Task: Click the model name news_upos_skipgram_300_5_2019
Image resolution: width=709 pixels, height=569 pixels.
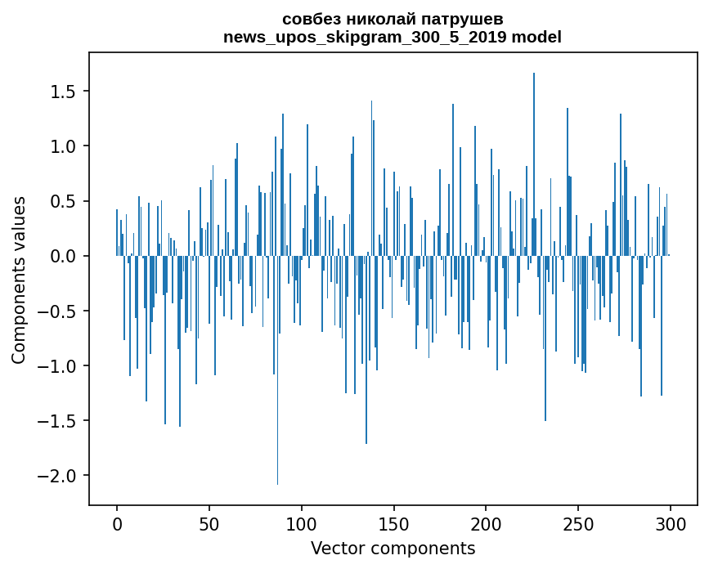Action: click(365, 37)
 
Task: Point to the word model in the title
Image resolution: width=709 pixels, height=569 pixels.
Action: click(536, 37)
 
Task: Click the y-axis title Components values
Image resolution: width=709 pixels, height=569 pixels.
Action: click(19, 280)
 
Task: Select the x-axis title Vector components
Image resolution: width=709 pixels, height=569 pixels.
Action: click(393, 549)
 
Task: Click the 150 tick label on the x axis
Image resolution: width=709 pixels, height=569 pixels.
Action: click(393, 524)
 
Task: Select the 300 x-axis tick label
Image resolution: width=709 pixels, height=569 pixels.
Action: click(670, 524)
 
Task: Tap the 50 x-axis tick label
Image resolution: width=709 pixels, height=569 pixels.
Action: click(209, 524)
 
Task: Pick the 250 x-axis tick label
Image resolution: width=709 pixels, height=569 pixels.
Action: click(578, 524)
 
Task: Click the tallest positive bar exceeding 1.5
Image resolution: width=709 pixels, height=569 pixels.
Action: click(534, 164)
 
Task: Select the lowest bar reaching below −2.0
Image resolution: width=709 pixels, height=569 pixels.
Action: click(278, 370)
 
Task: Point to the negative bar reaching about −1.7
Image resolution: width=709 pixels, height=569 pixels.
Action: click(366, 350)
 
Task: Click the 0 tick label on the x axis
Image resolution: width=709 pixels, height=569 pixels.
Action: click(117, 524)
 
